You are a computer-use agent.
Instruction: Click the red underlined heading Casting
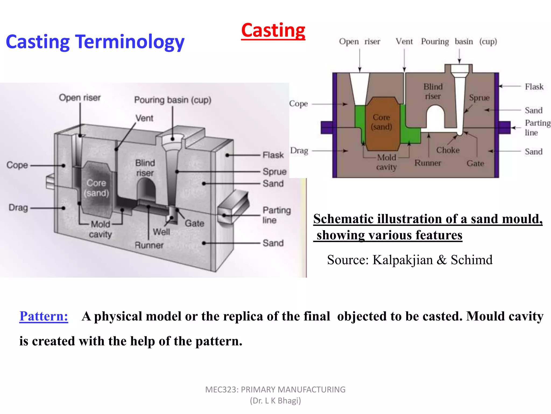coord(273,30)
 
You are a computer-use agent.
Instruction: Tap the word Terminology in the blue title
coord(130,42)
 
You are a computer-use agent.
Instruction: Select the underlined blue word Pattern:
coord(44,316)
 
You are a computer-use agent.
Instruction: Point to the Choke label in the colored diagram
coord(448,150)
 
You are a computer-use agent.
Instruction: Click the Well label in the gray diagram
coord(161,232)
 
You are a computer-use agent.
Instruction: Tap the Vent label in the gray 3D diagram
coord(144,118)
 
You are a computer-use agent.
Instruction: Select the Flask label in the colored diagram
coord(534,87)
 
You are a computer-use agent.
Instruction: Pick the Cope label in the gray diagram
coord(17,165)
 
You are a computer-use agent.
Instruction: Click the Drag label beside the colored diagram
coord(299,151)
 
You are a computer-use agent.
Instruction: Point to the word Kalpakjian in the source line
coord(402,260)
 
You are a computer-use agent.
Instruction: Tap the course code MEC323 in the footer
coord(221,389)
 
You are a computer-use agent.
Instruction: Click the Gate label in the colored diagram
coord(475,163)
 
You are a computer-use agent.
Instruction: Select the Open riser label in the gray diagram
coord(80,98)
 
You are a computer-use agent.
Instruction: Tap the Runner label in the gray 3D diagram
coord(149,245)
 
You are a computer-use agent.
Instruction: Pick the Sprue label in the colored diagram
coord(479,98)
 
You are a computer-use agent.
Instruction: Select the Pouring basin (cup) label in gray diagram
coord(173,100)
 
